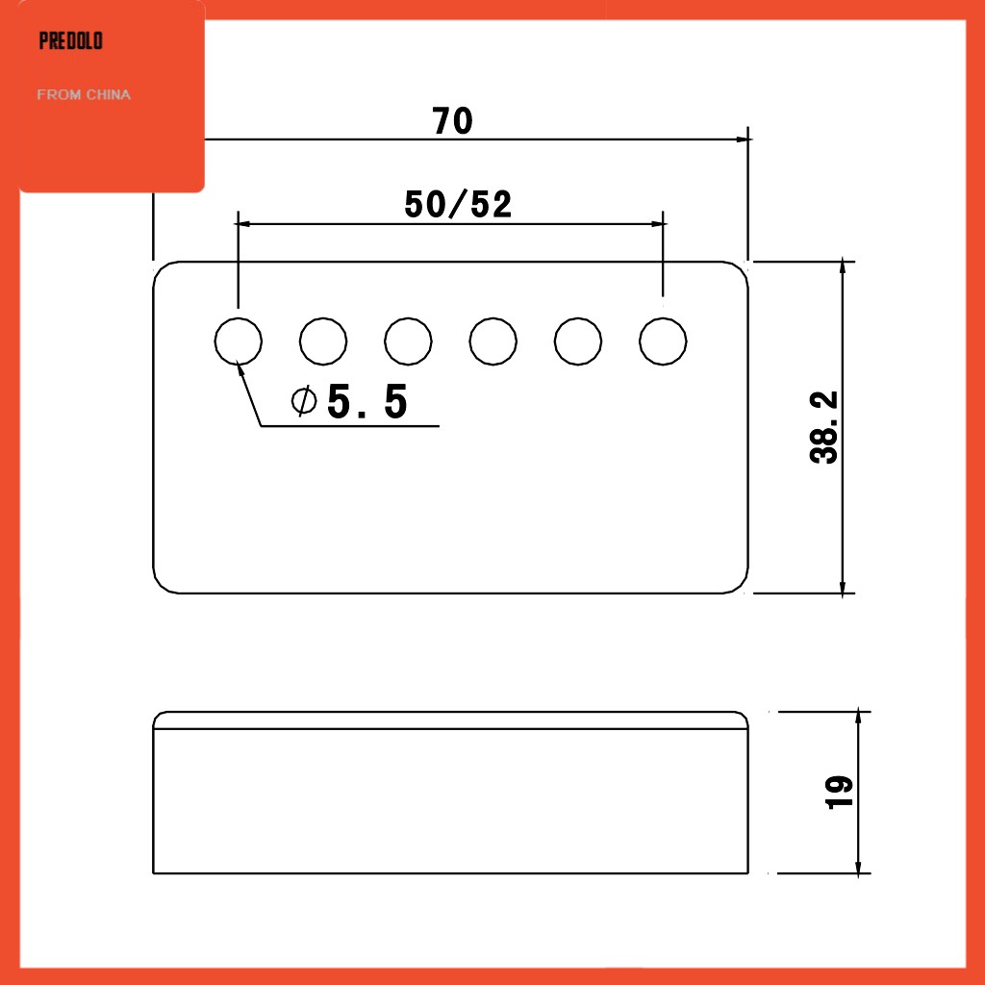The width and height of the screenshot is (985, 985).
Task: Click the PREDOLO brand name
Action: pos(71,40)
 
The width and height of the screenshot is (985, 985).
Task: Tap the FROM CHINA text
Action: pos(84,95)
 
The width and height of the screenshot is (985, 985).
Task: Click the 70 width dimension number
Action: pos(452,120)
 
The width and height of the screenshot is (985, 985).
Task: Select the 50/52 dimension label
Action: pos(458,204)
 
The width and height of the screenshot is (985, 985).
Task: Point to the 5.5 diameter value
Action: pos(367,401)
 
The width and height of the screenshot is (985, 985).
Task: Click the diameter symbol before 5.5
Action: pos(304,401)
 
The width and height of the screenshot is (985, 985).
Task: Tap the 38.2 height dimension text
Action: pos(823,427)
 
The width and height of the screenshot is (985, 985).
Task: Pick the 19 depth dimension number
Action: pos(839,793)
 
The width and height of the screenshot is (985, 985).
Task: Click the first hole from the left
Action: pos(239,341)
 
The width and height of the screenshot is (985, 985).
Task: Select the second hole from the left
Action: pos(323,341)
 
